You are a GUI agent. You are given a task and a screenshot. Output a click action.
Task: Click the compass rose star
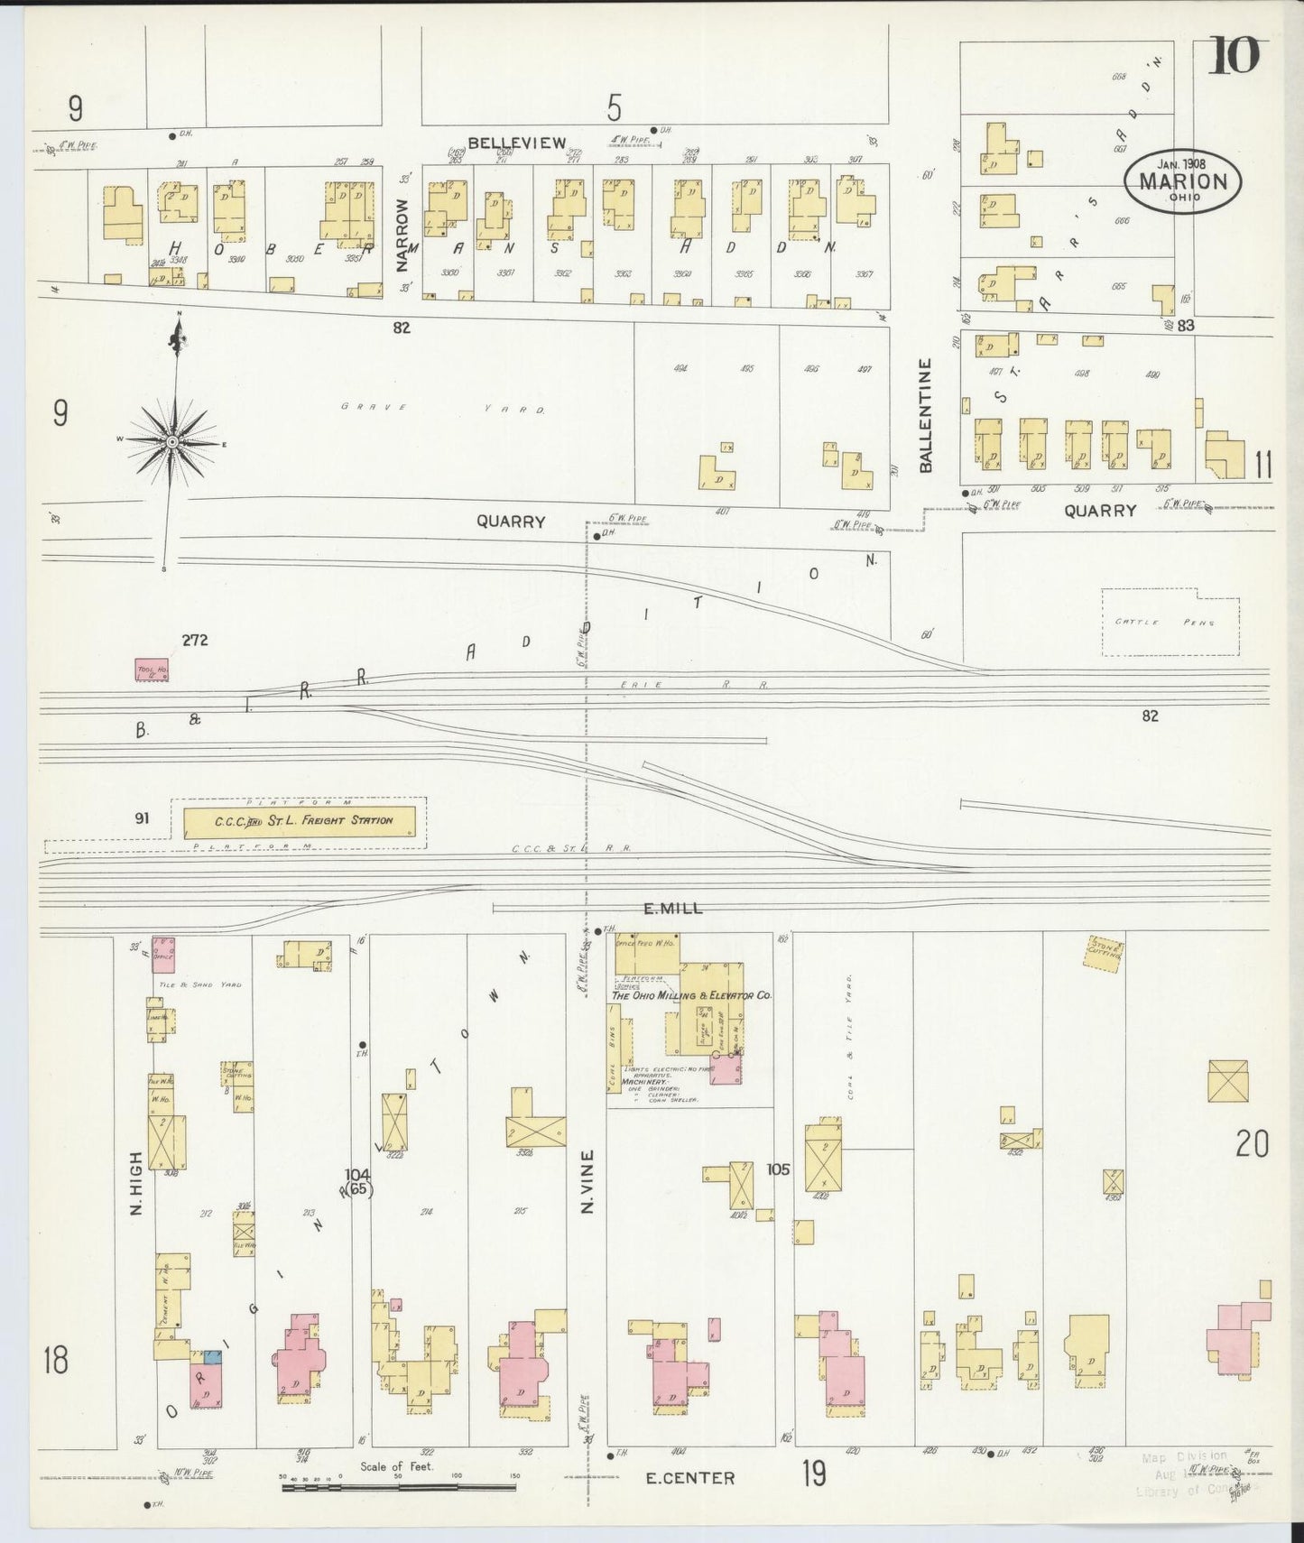coord(171,440)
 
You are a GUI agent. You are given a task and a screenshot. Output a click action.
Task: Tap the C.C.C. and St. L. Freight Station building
coord(301,821)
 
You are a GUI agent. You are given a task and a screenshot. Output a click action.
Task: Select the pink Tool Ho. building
coord(151,670)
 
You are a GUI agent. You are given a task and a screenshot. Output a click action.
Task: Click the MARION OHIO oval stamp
coord(1182,180)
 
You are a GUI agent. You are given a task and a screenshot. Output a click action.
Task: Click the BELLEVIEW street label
coord(517,143)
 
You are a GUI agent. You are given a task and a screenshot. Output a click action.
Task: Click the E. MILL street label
coord(673,910)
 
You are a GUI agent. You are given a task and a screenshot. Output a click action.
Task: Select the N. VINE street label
coord(587,1180)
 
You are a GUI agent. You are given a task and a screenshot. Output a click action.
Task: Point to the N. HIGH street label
coord(136,1182)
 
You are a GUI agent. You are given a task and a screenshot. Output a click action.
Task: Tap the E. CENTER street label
coord(690,1477)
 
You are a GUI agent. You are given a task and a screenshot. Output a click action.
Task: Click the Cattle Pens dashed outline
coord(1170,622)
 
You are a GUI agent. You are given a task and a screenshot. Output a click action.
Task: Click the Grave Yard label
coord(442,408)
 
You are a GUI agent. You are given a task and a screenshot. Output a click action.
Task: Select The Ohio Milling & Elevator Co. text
coord(691,995)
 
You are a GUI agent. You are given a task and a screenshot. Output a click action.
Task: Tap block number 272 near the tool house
coord(195,641)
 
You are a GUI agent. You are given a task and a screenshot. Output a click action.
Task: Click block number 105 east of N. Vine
coord(778,1169)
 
